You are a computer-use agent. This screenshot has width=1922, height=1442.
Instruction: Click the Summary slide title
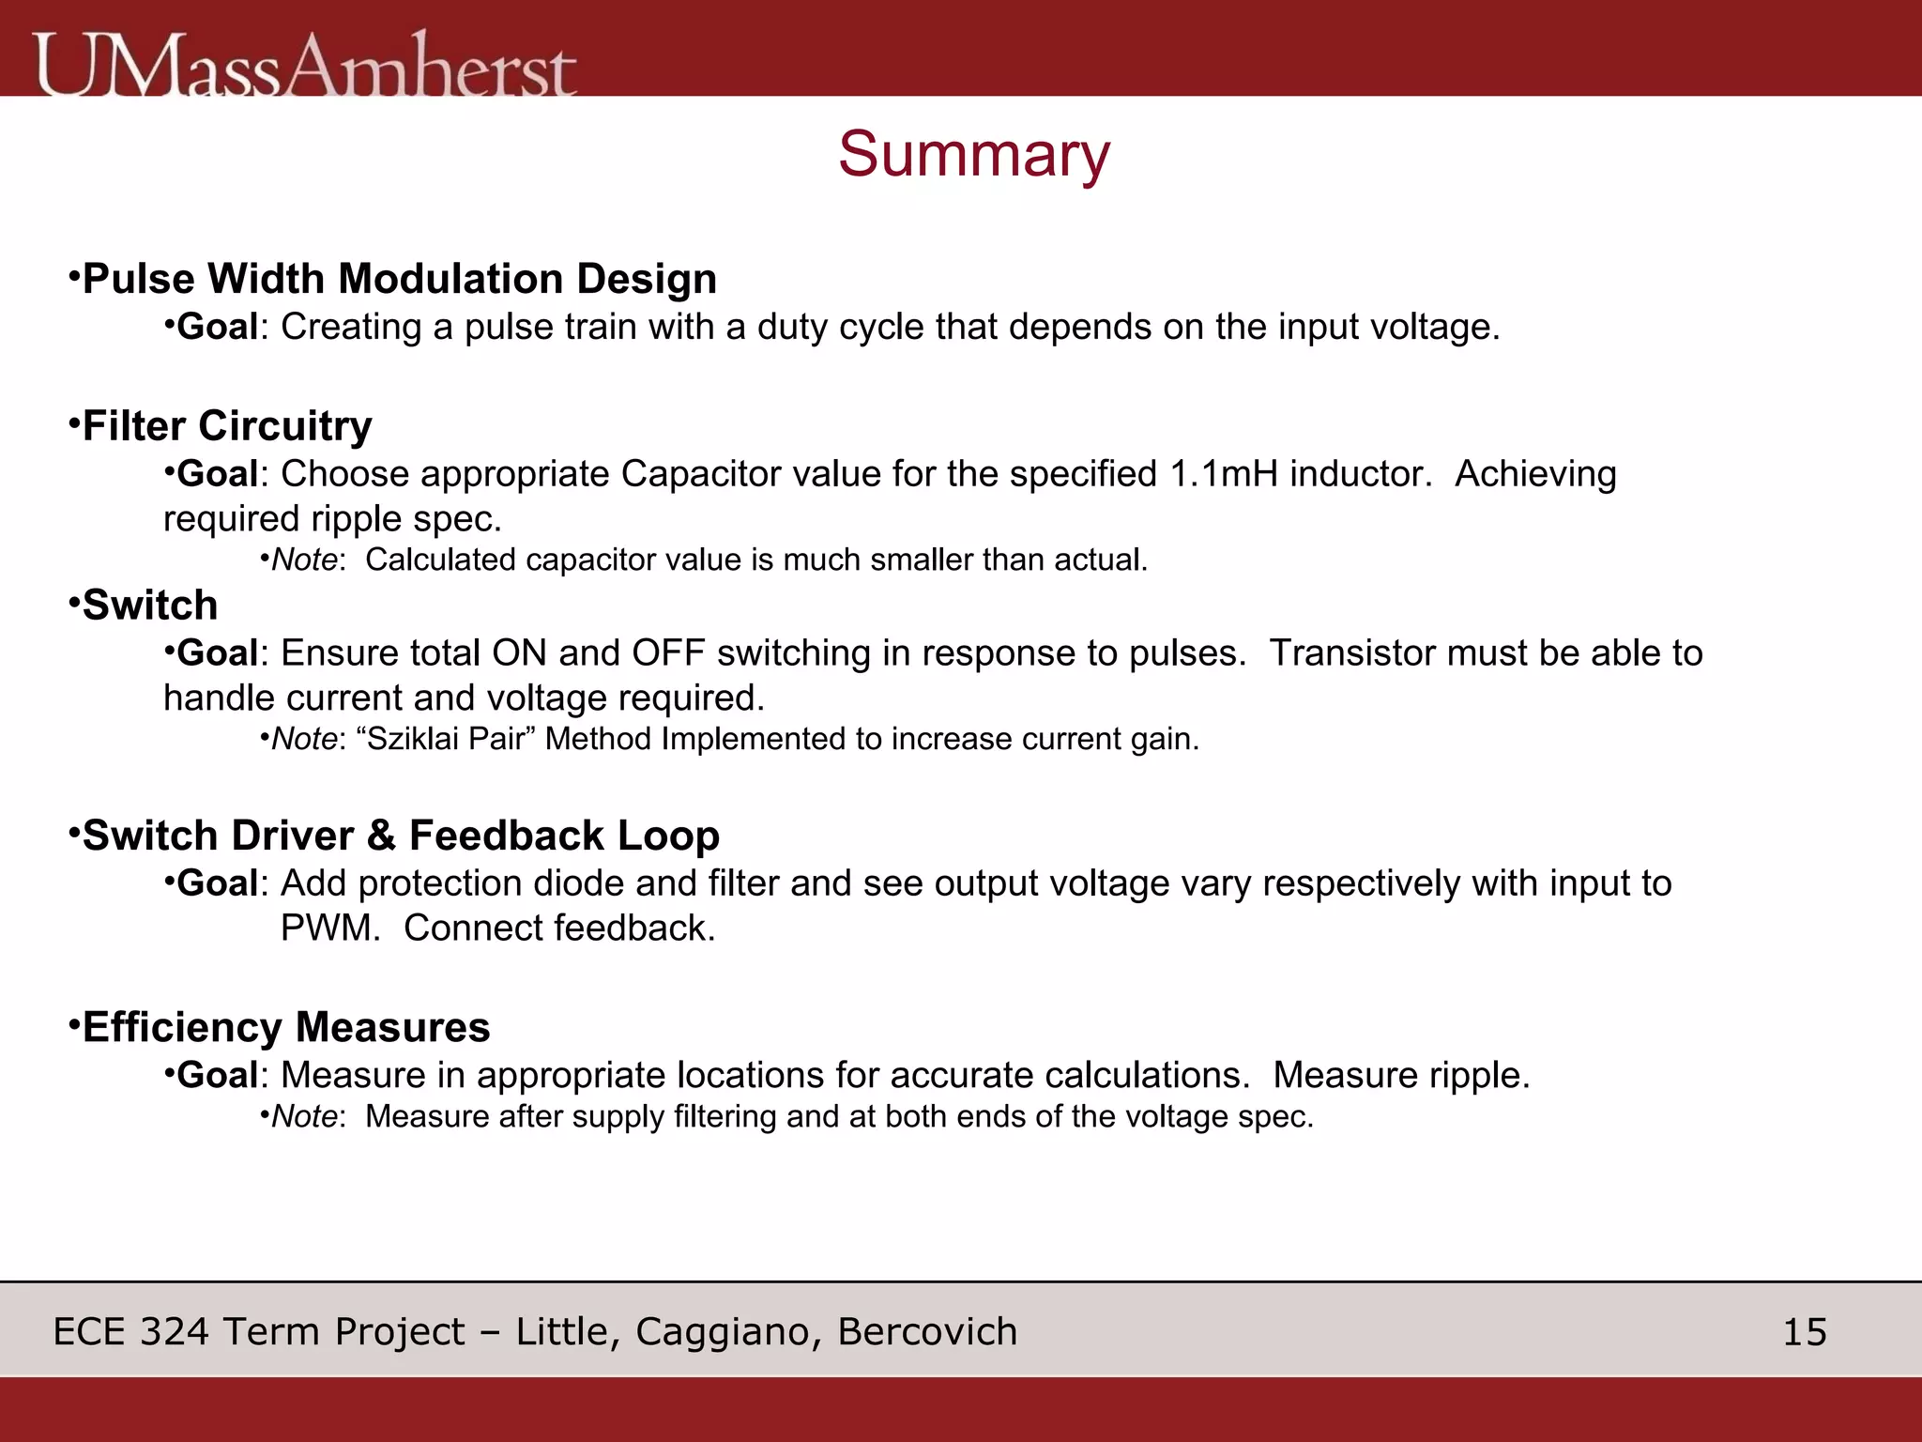(x=973, y=155)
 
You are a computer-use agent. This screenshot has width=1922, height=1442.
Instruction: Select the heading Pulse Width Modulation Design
(x=399, y=279)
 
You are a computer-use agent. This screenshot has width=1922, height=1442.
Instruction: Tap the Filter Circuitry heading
(x=227, y=426)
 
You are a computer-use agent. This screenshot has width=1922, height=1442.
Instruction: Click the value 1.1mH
(x=1224, y=474)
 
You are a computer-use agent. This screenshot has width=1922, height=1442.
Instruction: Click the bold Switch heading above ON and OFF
(x=150, y=606)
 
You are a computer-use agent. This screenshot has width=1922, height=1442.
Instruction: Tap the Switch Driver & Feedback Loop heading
(x=401, y=836)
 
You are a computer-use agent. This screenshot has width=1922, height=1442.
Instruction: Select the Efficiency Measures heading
(x=286, y=1027)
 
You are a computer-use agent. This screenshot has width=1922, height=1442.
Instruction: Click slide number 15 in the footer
(x=1804, y=1332)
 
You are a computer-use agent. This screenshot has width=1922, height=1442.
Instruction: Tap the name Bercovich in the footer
(x=927, y=1332)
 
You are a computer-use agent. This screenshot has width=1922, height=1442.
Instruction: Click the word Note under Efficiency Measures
(x=304, y=1117)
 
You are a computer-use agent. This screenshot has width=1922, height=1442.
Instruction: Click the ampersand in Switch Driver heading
(x=381, y=836)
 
